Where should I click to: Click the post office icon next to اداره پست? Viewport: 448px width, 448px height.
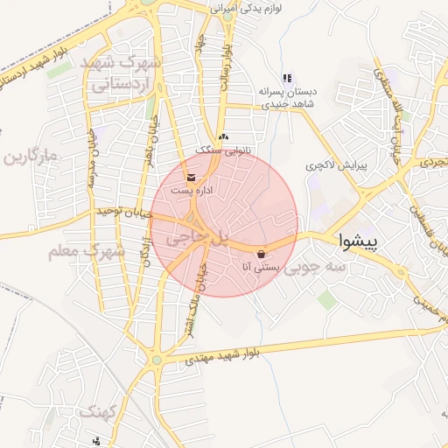(x=191, y=178)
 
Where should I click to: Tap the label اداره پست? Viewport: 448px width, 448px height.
(x=191, y=190)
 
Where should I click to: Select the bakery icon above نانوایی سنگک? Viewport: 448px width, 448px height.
(x=223, y=137)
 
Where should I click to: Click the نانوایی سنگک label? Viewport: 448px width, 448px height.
(x=222, y=150)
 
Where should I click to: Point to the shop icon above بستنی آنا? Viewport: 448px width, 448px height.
(x=262, y=255)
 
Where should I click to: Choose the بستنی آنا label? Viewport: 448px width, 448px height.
(x=262, y=268)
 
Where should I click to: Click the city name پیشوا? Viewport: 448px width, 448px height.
(x=358, y=241)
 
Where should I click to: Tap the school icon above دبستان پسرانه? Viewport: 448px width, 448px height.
(x=287, y=79)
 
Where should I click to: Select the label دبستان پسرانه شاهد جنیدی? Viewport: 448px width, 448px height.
(x=288, y=97)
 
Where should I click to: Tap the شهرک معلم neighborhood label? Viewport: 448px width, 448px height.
(x=87, y=251)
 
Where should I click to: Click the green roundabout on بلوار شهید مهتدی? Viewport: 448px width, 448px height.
(x=157, y=359)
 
